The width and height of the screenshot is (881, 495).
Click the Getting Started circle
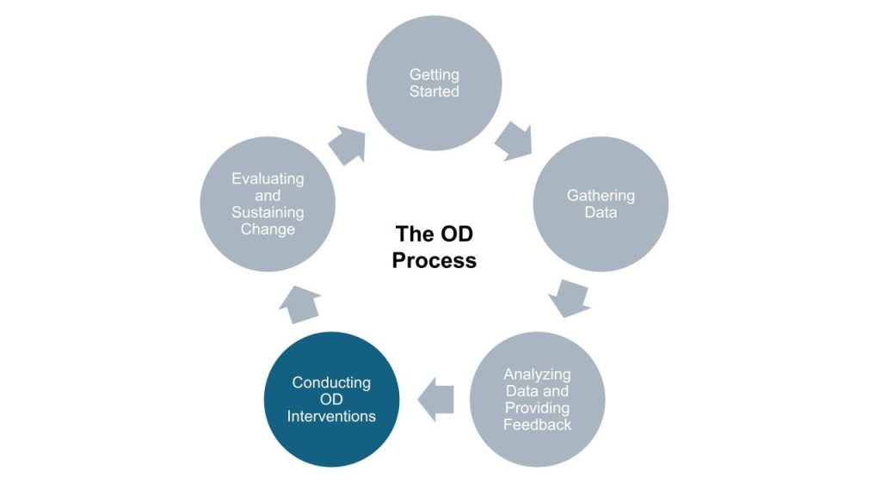click(x=434, y=83)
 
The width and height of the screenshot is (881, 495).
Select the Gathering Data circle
click(x=601, y=205)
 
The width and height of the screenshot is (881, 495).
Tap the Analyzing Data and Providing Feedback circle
click(x=538, y=400)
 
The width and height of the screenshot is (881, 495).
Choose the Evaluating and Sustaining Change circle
click(x=268, y=205)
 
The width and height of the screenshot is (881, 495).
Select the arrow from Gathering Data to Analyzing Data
click(x=569, y=296)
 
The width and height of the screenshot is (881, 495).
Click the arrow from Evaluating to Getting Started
click(x=348, y=144)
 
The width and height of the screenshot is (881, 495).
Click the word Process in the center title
click(x=434, y=260)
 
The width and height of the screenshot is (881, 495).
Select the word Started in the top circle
click(x=434, y=91)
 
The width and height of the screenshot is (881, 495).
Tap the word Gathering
click(x=601, y=196)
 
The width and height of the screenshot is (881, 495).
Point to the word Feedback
click(x=538, y=425)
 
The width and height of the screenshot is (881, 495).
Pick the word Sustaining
click(x=268, y=213)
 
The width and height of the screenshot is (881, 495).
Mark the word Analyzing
click(x=538, y=375)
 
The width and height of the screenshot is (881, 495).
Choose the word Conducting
click(x=331, y=382)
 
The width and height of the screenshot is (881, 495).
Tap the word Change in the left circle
click(x=268, y=229)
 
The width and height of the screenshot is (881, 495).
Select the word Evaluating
click(x=268, y=179)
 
